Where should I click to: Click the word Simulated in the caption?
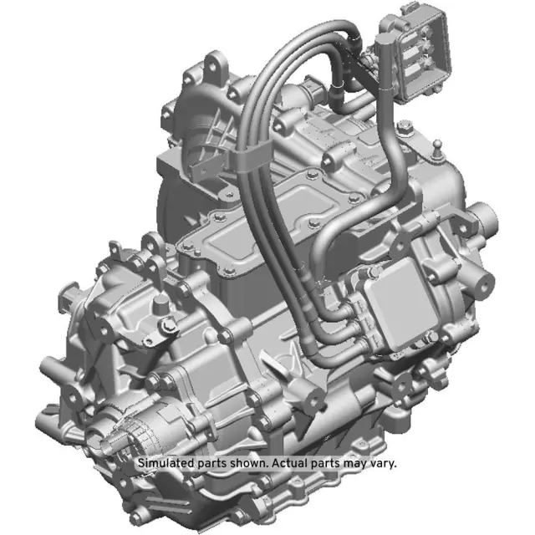[x=165, y=462]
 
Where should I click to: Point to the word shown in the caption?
[x=250, y=462]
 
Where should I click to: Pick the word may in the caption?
[x=354, y=462]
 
